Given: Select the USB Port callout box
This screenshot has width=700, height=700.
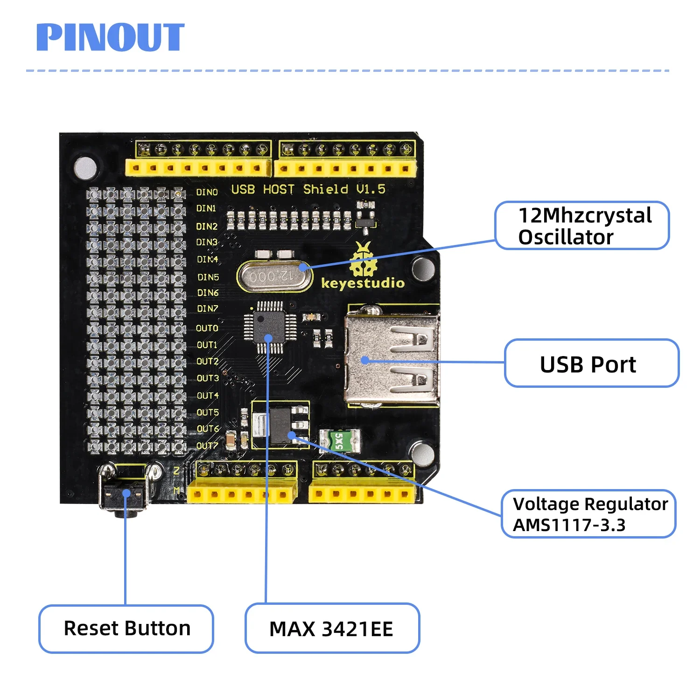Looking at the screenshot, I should tap(591, 364).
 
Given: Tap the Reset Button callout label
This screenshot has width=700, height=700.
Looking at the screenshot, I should tap(126, 628).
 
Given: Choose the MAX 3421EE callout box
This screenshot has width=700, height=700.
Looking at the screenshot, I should tap(332, 629).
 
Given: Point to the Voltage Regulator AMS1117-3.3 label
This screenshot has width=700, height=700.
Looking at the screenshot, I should tap(589, 514).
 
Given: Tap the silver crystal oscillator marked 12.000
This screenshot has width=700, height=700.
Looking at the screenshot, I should tap(274, 277).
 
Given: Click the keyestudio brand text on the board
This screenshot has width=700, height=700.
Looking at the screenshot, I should tap(363, 283).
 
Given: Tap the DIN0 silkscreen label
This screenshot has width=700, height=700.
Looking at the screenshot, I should tap(207, 192).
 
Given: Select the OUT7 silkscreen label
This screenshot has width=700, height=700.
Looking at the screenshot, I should tap(207, 446).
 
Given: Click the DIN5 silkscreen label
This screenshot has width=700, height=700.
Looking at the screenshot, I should tap(208, 277).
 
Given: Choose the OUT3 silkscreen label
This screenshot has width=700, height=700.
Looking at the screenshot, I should tap(208, 378).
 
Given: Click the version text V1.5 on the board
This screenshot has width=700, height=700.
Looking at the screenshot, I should tap(371, 189).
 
